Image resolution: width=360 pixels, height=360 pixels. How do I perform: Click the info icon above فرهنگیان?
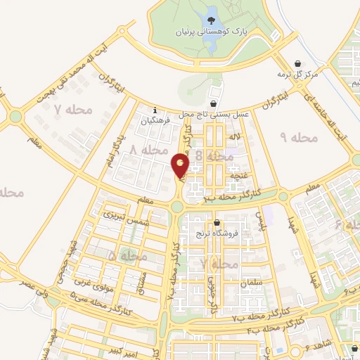click(x=155, y=110)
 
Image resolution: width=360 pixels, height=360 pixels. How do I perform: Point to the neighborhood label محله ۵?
click(x=127, y=256)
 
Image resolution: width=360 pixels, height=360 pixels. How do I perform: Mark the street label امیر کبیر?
click(x=115, y=349)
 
